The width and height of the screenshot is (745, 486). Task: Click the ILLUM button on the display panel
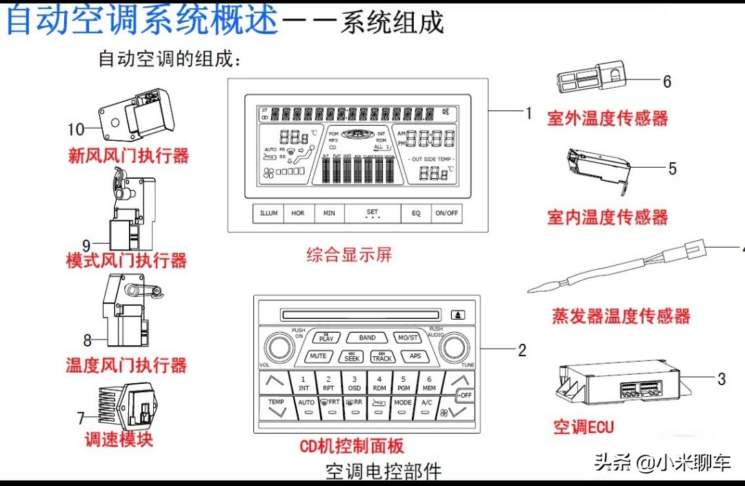tap(269, 213)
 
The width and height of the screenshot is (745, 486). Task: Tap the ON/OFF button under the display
tap(446, 213)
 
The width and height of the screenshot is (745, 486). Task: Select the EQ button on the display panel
tap(416, 213)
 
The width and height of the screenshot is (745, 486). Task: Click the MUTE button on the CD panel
tap(318, 357)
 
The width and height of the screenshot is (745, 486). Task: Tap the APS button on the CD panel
tap(415, 357)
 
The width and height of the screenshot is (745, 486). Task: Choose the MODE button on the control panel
tap(403, 407)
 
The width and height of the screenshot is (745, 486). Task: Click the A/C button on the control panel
tap(427, 407)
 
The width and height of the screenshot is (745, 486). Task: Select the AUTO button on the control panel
tap(306, 407)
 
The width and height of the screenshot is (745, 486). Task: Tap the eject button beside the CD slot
tap(459, 315)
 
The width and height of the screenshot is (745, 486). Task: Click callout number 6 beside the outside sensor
tap(667, 81)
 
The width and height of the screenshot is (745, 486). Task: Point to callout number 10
tap(76, 129)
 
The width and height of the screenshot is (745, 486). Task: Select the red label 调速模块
tap(118, 439)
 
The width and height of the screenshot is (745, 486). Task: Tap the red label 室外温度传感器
tap(608, 118)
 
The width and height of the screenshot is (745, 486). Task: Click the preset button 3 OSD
tap(354, 383)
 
